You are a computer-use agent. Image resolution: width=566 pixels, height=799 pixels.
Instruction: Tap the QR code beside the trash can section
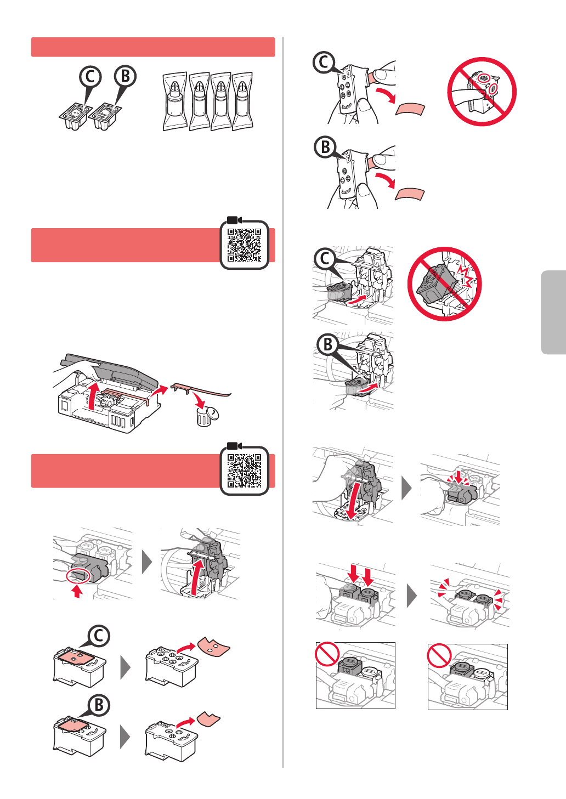[x=244, y=245]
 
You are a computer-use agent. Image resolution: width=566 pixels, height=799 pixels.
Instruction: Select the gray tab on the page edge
[x=553, y=313]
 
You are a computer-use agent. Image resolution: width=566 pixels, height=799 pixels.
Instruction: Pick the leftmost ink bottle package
[x=175, y=101]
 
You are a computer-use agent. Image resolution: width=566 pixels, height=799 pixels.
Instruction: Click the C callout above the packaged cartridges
[x=90, y=77]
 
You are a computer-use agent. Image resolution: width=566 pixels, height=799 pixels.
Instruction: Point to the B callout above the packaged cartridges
[x=125, y=76]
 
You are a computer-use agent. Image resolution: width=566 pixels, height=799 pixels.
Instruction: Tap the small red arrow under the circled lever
[x=77, y=592]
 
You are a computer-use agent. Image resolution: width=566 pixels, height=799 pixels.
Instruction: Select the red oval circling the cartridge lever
[x=78, y=577]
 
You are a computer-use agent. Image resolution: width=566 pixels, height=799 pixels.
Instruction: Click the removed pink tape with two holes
[x=214, y=647]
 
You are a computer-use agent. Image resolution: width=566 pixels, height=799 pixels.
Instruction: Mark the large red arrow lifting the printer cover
[x=92, y=396]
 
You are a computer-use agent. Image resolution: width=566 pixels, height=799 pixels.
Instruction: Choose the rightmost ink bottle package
[x=243, y=101]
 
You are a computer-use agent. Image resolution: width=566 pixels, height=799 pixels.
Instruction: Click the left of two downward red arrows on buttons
[x=353, y=575]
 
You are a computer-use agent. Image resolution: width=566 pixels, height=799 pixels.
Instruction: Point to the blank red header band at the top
[x=153, y=47]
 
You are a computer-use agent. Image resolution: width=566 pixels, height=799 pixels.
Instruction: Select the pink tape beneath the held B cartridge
[x=410, y=194]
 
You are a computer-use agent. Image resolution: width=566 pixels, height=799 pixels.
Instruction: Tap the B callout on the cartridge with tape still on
[x=99, y=705]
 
